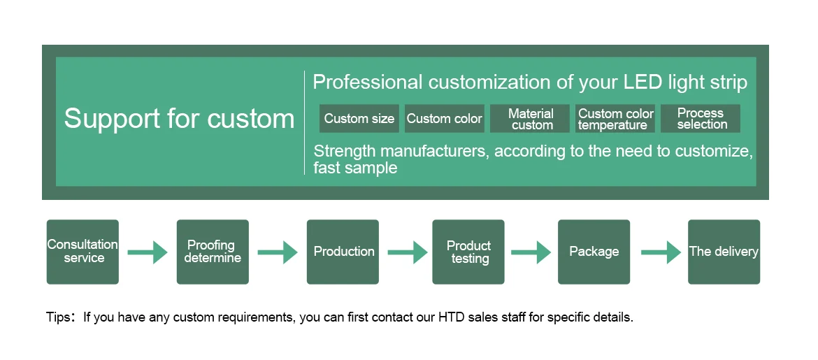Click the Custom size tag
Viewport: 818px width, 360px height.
point(359,119)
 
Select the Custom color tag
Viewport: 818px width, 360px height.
point(445,119)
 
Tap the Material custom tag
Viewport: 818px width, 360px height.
point(531,119)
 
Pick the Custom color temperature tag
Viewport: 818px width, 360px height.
point(616,119)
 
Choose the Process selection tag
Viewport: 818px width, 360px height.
point(701,119)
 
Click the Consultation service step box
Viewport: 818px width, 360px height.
point(82,252)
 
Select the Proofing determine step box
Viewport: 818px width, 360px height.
point(213,252)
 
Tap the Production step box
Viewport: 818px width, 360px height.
point(343,252)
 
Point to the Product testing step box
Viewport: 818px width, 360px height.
point(468,252)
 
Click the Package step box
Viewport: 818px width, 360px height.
point(594,252)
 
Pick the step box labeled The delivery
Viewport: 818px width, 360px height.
point(724,252)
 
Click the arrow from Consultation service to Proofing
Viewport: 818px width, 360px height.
point(148,252)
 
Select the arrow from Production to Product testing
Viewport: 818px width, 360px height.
point(408,252)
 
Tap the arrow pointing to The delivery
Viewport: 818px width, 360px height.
point(661,252)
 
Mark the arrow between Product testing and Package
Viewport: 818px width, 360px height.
point(531,252)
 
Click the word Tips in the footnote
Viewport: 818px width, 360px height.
point(59,317)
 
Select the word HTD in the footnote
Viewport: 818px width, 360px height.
point(452,317)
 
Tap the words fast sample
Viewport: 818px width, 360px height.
point(355,168)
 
